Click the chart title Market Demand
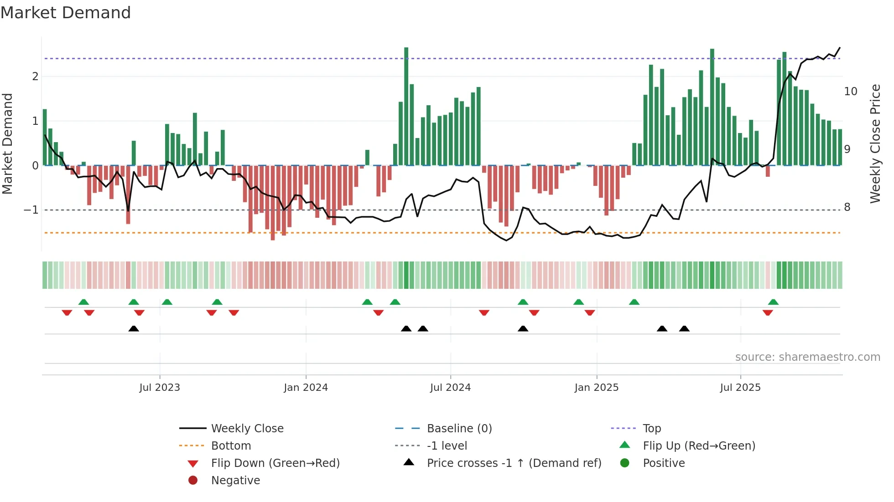click(x=66, y=13)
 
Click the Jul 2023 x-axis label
click(x=160, y=388)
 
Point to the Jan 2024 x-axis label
click(x=306, y=388)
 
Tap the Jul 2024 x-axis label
click(x=450, y=388)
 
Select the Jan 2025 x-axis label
click(x=596, y=388)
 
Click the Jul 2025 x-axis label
click(x=740, y=388)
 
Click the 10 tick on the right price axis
click(x=851, y=92)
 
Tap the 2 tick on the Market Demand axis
click(x=35, y=77)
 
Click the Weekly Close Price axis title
click(x=875, y=143)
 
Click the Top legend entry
click(x=652, y=429)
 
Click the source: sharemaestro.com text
click(x=807, y=357)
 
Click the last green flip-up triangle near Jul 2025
click(x=773, y=302)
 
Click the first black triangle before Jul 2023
click(x=134, y=328)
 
